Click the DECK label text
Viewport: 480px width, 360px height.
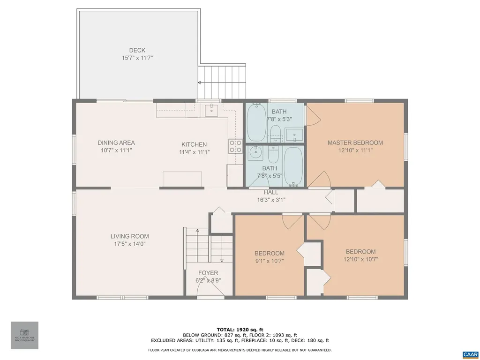point(137,51)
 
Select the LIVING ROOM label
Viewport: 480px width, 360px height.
point(129,237)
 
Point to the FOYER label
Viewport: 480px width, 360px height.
point(208,273)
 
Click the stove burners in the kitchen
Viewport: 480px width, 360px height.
point(235,147)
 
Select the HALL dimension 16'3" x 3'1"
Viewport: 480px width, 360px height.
point(271,200)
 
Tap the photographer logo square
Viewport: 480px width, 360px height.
point(24,335)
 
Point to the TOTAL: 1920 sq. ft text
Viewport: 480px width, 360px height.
point(240,329)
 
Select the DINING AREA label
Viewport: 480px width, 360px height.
point(116,143)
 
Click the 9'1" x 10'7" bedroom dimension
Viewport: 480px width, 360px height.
point(269,261)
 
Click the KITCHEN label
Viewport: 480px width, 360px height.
point(194,144)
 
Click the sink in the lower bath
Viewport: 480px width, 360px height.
point(255,152)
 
